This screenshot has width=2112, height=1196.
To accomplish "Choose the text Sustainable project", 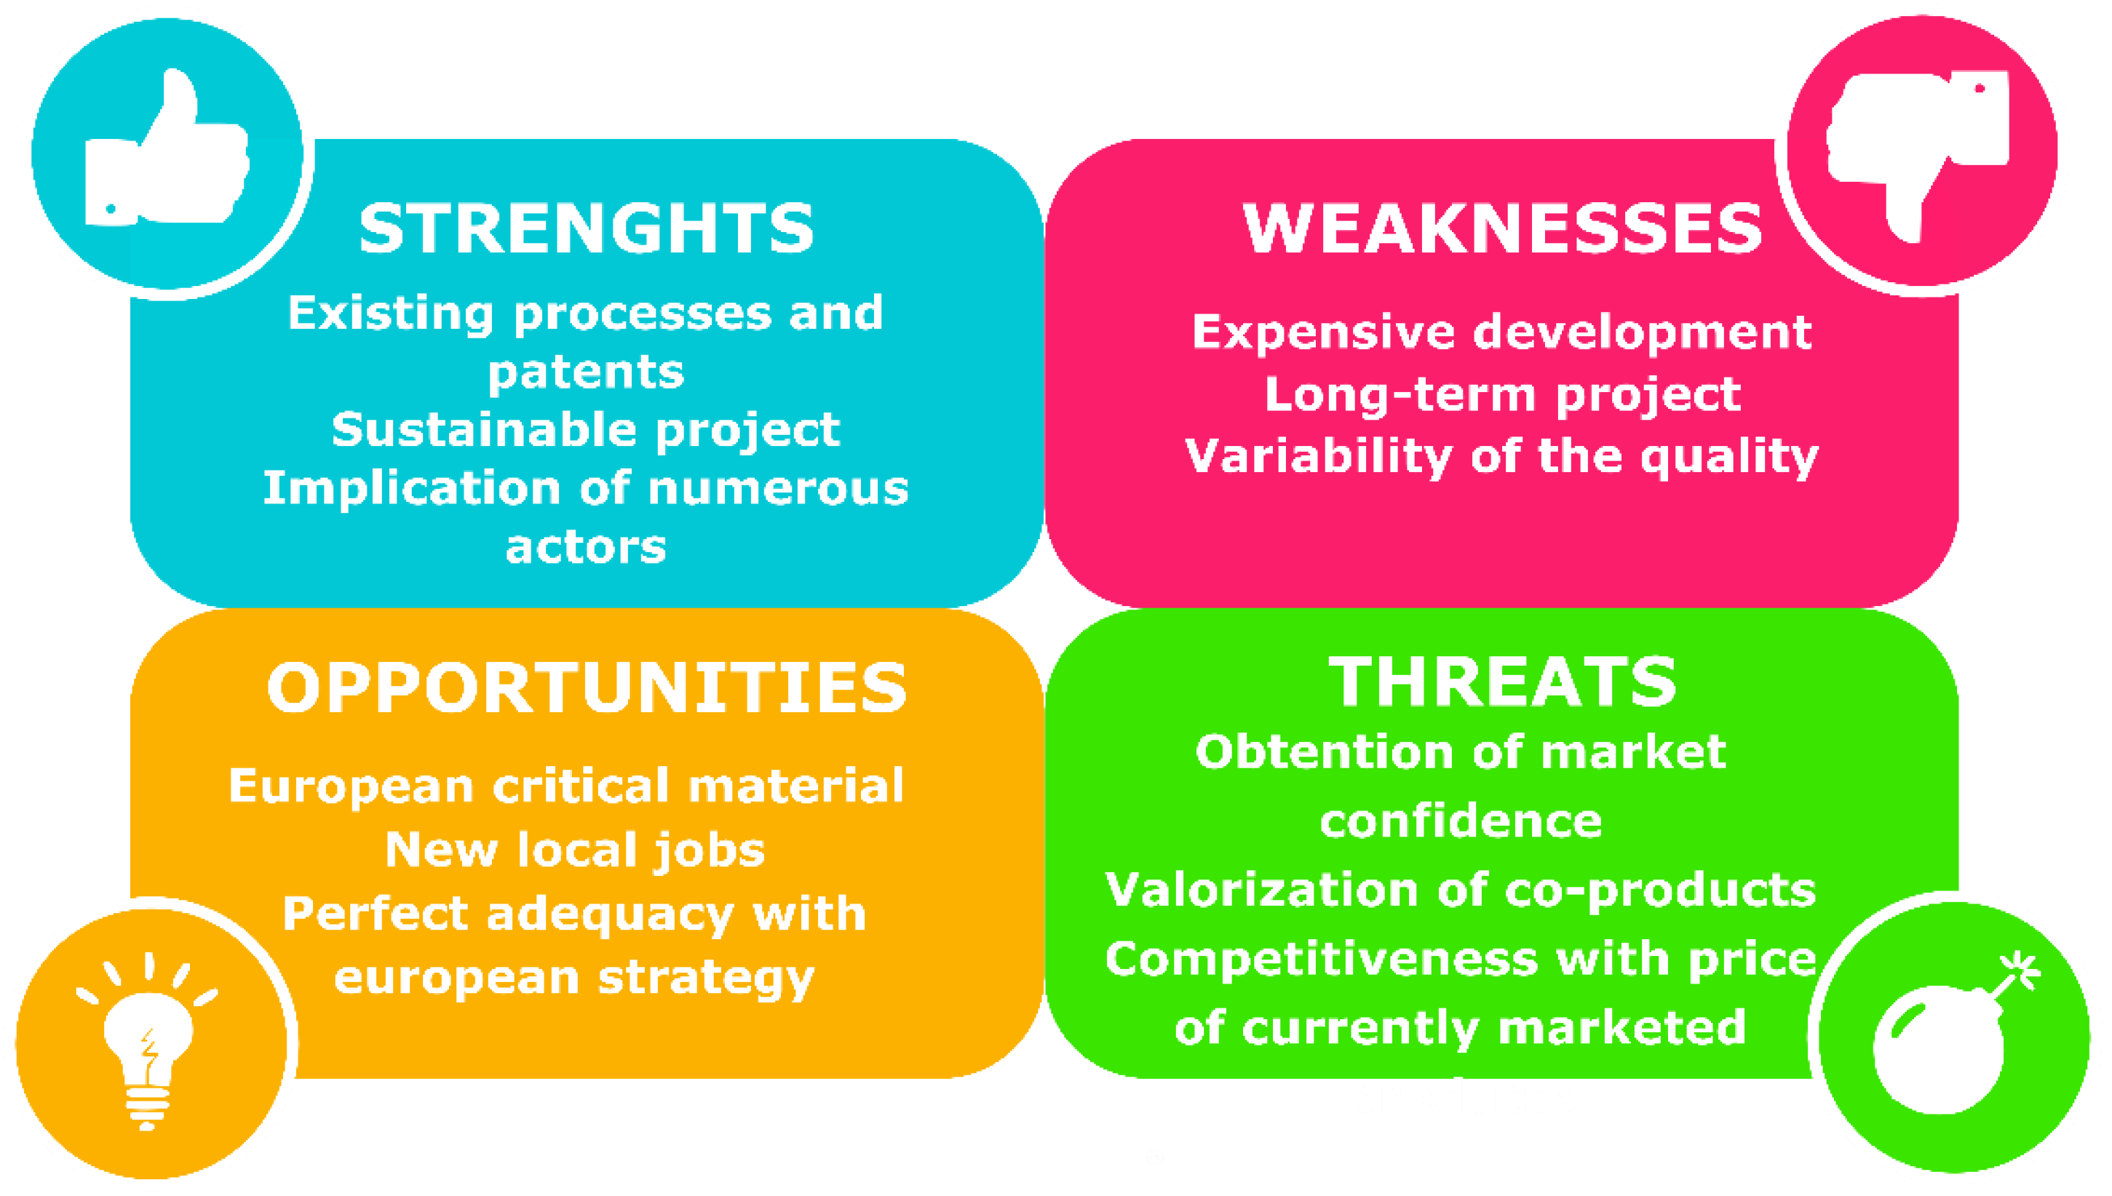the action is coord(586,430).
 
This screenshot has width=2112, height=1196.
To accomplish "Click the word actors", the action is coord(586,547).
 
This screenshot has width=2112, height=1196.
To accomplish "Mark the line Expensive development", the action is coord(1501,332).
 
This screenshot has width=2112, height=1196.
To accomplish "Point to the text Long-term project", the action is coord(1502,395).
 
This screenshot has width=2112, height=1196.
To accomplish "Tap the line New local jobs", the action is coord(575,850).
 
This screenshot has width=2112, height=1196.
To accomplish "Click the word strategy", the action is coord(706,978).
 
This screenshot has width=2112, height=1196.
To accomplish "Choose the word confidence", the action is coord(1461,821).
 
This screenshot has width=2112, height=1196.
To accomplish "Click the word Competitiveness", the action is coord(1322,960).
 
